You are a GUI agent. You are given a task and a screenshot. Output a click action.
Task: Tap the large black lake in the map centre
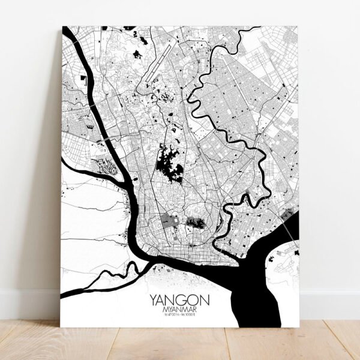[x=169, y=164]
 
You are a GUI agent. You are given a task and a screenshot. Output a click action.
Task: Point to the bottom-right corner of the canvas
[x=298, y=325]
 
